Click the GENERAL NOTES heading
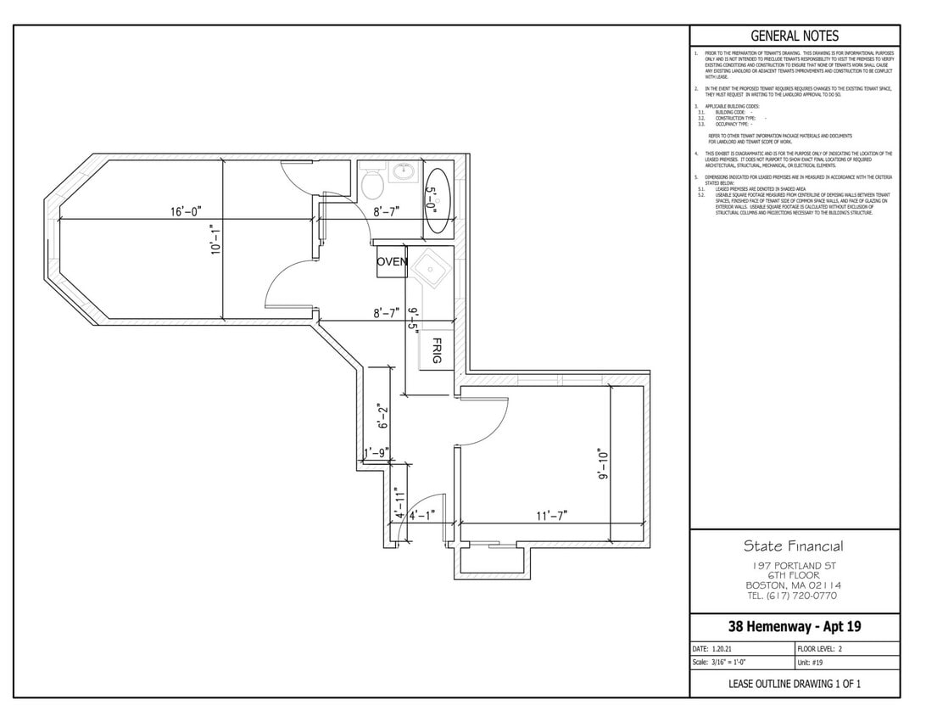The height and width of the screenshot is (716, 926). coord(795,36)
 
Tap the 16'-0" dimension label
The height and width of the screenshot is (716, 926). coord(186,211)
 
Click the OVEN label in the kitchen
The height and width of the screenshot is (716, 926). coord(392,261)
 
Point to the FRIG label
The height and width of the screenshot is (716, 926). coord(437,350)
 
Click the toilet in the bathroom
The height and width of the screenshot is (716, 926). coord(371,182)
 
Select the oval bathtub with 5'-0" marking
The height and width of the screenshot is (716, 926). coord(436,203)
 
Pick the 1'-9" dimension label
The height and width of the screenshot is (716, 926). coord(377,453)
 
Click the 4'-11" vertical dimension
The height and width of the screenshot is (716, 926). coord(399,502)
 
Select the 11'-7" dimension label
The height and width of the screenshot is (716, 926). coord(551,515)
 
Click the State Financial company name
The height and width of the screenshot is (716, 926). coord(794,546)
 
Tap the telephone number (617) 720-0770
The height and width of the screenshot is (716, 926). coord(794,596)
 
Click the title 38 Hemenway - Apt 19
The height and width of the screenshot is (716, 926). coord(795,627)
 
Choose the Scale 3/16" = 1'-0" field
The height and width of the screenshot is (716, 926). coord(720,663)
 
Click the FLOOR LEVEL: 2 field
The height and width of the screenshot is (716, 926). coord(825,648)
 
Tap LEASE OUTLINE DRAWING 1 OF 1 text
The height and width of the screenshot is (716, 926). coord(795,684)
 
